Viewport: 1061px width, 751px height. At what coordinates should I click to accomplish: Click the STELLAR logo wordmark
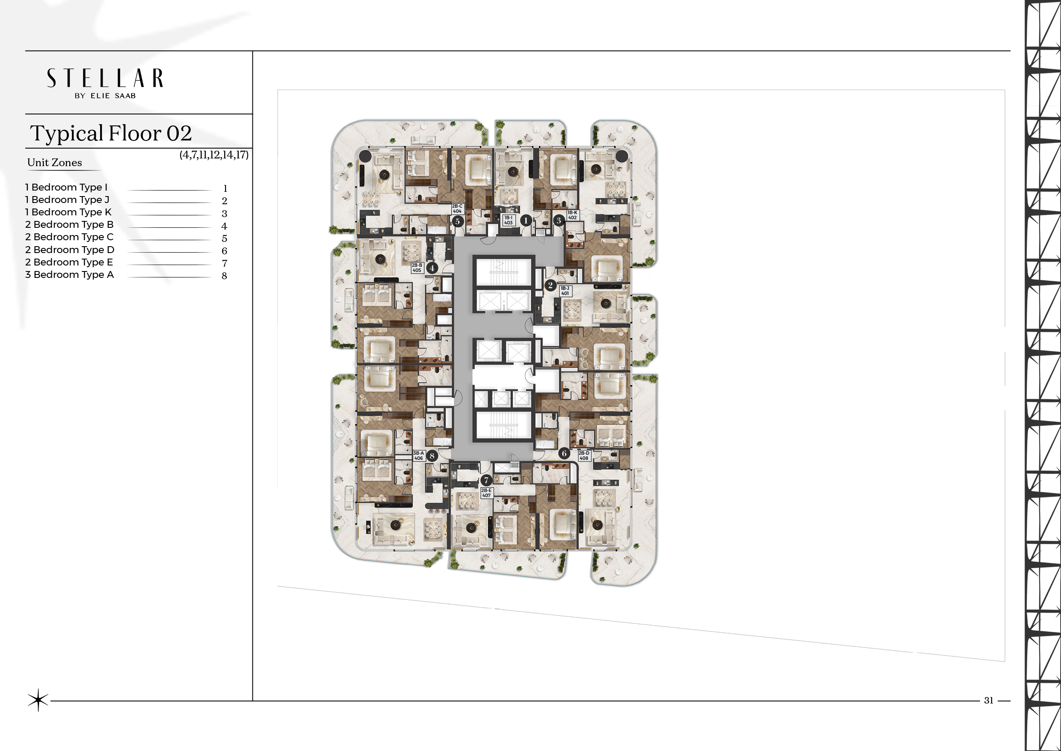pyautogui.click(x=105, y=78)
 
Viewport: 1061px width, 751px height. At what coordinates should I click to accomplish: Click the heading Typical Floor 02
pyautogui.click(x=111, y=133)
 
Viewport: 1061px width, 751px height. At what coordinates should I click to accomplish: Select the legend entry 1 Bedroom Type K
pyautogui.click(x=68, y=212)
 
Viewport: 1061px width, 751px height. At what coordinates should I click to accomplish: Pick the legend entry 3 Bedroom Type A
pyautogui.click(x=69, y=275)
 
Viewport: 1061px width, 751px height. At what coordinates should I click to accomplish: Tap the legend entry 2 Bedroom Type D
pyautogui.click(x=70, y=250)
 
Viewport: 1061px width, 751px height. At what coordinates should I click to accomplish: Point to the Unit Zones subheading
pyautogui.click(x=54, y=162)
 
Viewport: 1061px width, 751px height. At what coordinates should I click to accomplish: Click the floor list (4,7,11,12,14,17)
pyautogui.click(x=214, y=155)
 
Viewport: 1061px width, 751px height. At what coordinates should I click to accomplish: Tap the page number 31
pyautogui.click(x=988, y=700)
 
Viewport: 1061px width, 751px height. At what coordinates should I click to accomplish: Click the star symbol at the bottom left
pyautogui.click(x=38, y=700)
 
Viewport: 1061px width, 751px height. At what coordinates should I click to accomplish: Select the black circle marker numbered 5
pyautogui.click(x=457, y=221)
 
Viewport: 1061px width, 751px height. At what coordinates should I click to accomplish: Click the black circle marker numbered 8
pyautogui.click(x=432, y=456)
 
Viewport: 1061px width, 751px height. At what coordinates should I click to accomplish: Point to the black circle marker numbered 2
pyautogui.click(x=550, y=285)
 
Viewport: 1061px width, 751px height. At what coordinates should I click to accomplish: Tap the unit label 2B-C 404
pyautogui.click(x=457, y=209)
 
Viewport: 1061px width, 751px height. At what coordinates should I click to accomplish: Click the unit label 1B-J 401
pyautogui.click(x=565, y=290)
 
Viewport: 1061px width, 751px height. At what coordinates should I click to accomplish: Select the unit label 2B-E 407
pyautogui.click(x=486, y=492)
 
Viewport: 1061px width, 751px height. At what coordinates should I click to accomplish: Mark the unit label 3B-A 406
pyautogui.click(x=418, y=456)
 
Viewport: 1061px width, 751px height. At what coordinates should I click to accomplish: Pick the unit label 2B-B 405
pyautogui.click(x=417, y=268)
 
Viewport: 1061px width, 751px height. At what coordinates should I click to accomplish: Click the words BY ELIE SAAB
pyautogui.click(x=105, y=96)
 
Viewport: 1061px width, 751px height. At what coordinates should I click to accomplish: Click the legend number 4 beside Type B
pyautogui.click(x=224, y=226)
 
